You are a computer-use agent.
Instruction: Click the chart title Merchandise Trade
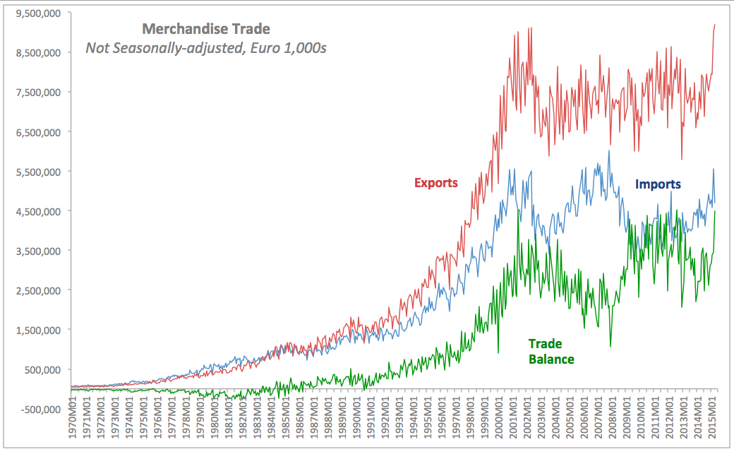(x=206, y=29)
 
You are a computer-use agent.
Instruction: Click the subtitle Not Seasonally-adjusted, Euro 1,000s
(x=206, y=48)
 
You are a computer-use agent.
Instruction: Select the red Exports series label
(x=435, y=183)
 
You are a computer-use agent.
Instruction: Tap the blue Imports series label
(x=658, y=184)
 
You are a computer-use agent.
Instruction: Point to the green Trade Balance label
(x=550, y=352)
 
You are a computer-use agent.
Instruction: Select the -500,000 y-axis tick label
(x=40, y=409)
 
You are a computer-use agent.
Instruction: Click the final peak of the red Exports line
(x=715, y=25)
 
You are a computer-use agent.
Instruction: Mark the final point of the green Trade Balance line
(x=715, y=211)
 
